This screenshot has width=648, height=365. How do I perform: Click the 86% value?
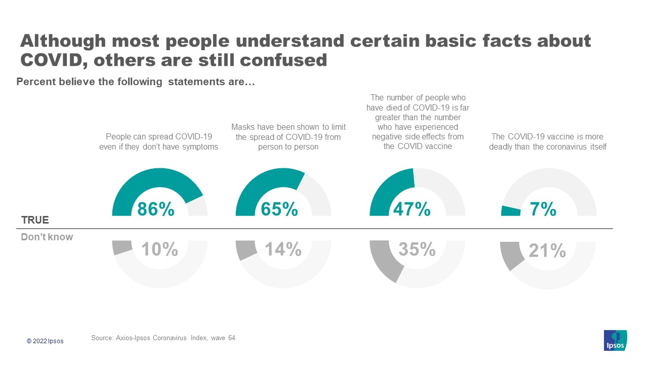[x=155, y=209]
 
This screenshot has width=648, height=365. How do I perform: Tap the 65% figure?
[x=279, y=209]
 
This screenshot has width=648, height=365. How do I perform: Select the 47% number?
[x=412, y=209]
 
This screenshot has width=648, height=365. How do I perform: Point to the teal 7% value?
[x=543, y=209]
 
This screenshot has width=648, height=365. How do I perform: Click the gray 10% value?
[x=159, y=249]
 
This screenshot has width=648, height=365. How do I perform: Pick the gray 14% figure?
[x=283, y=249]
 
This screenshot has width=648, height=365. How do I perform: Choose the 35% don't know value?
[x=417, y=249]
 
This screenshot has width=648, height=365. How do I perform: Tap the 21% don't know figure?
[x=547, y=250]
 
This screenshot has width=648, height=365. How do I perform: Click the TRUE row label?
[x=35, y=220]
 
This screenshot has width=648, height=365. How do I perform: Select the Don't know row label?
[x=47, y=237]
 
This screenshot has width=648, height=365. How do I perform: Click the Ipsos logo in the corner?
[x=615, y=340]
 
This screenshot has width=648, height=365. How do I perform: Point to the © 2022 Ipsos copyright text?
[x=45, y=341]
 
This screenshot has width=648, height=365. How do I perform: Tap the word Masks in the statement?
[x=243, y=127]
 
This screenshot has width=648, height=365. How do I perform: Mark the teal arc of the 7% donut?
[x=510, y=211]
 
